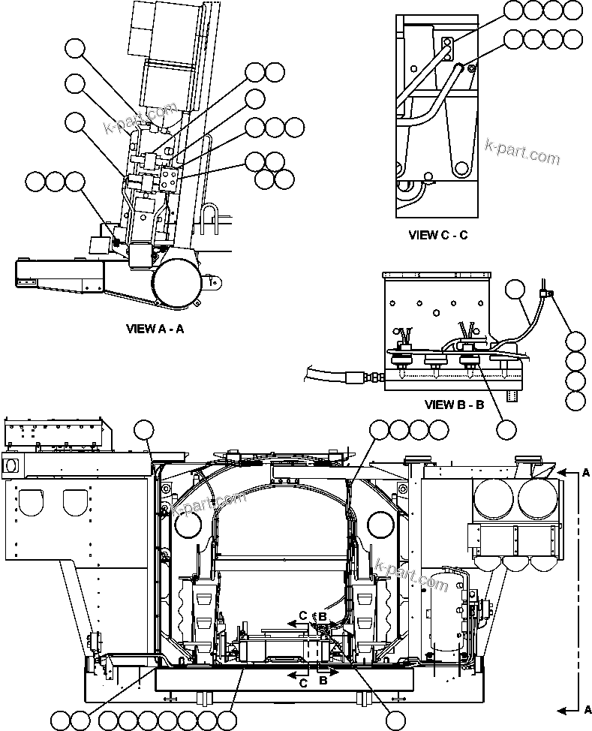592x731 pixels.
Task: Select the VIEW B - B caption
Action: (454, 405)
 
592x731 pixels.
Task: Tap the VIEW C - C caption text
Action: (438, 235)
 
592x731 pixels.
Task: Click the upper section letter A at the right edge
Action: (586, 473)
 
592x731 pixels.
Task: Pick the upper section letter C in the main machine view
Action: (302, 616)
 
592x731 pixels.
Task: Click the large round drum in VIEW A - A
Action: (178, 284)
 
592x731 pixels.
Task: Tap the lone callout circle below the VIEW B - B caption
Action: (507, 429)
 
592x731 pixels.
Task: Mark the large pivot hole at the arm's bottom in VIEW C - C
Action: (458, 166)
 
